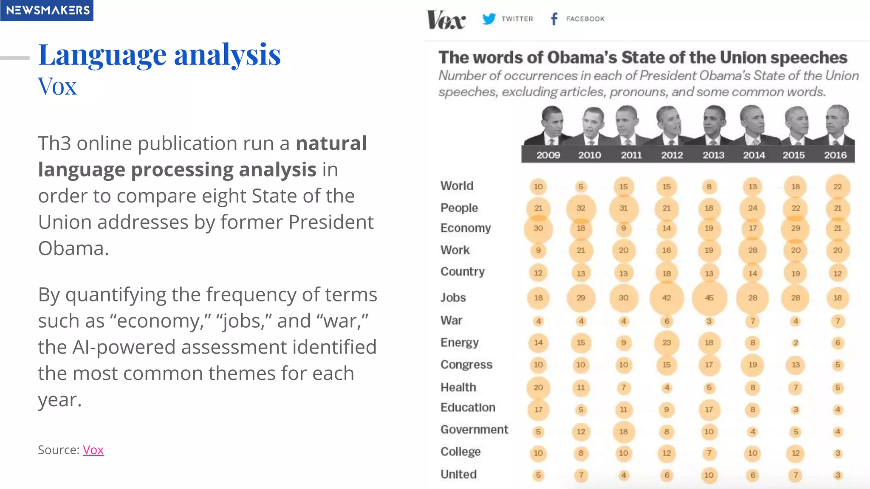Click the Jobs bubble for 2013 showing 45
click(x=709, y=298)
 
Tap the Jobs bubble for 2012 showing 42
click(x=667, y=298)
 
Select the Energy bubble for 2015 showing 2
click(x=796, y=343)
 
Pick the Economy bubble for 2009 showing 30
click(x=538, y=228)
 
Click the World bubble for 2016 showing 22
click(x=837, y=186)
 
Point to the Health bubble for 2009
click(x=538, y=387)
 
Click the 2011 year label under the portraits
click(x=631, y=155)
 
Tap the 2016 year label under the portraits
click(x=835, y=155)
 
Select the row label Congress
click(x=466, y=365)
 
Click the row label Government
click(x=474, y=430)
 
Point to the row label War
click(x=451, y=320)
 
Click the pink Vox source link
click(x=93, y=450)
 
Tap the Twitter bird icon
click(x=489, y=19)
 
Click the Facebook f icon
click(x=554, y=19)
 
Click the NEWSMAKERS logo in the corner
click(x=47, y=10)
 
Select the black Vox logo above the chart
click(x=446, y=20)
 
